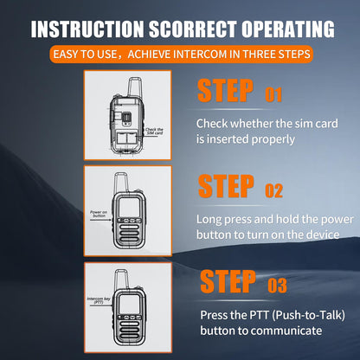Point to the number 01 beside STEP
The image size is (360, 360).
273,93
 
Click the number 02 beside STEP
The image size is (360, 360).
273,190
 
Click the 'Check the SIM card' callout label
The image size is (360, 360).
152,131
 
